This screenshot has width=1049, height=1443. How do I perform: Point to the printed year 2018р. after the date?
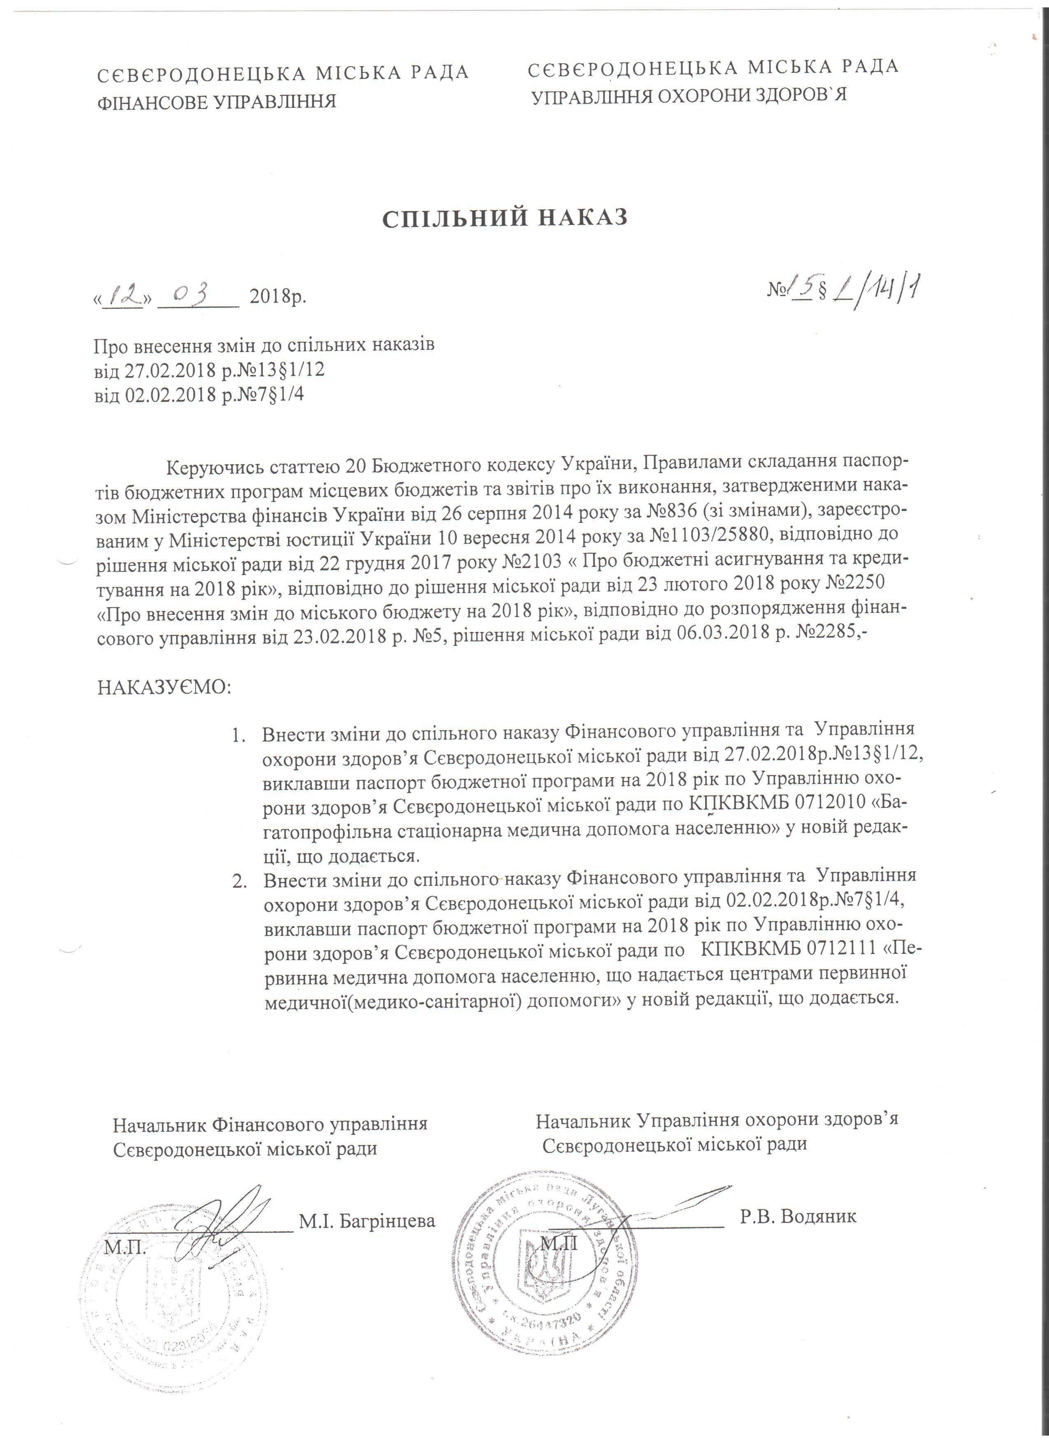[278, 297]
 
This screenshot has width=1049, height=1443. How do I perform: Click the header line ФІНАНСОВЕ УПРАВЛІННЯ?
[216, 101]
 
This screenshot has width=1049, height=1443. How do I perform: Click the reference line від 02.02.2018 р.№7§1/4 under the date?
[199, 395]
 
